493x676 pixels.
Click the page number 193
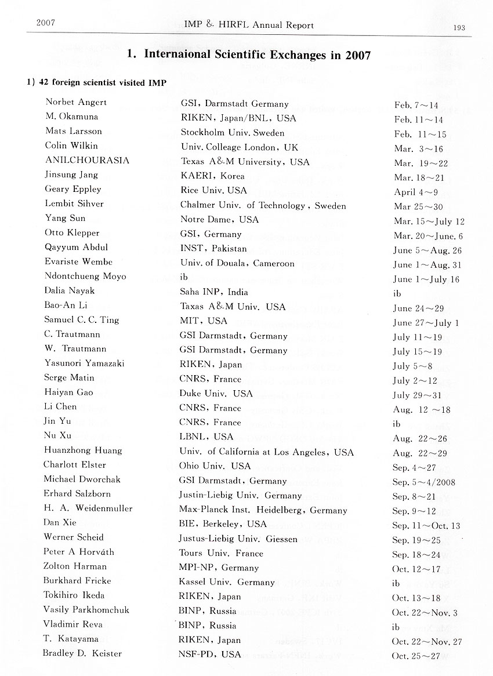coord(460,27)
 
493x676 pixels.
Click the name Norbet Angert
coord(76,103)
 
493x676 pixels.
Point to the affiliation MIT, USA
coord(204,321)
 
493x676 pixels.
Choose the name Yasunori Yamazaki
coord(84,364)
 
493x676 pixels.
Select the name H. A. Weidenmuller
coord(88,508)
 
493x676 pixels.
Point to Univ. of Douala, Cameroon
coord(237,263)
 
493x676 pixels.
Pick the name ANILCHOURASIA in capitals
coord(86,161)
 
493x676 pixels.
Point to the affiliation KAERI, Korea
coord(212,176)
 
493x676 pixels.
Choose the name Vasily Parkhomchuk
coord(86,609)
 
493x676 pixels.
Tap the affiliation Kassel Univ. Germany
coord(227,581)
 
